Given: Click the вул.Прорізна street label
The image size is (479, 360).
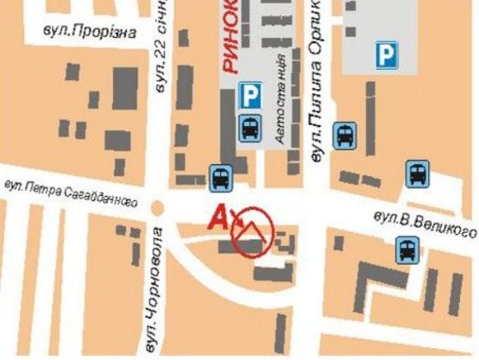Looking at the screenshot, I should pos(90,30).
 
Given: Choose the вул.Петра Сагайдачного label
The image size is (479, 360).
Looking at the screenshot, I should pos(70,192).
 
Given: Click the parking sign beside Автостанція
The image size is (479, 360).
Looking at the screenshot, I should pos(250,93).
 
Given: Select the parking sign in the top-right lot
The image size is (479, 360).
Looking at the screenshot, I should pos(386,55).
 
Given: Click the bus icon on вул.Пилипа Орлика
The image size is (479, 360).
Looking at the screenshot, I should pos(344,134).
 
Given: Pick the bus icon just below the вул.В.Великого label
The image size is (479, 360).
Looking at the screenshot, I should pos(407,251).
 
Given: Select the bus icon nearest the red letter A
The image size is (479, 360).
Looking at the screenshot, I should pos(219,178).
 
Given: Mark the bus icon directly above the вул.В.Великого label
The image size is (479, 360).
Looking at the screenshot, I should pos(418,174).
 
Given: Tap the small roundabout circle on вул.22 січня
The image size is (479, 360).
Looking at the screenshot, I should pos(157,208).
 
